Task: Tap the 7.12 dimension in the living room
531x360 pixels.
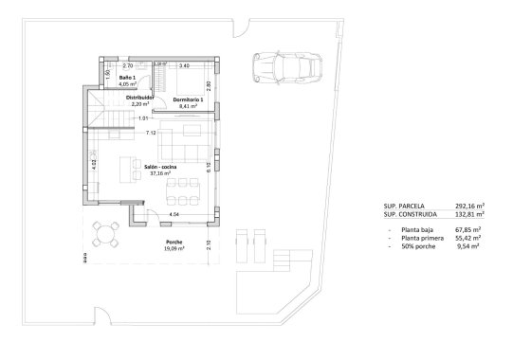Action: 151,134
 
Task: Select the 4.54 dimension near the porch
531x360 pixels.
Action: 174,216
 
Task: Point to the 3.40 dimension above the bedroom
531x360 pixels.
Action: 184,65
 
